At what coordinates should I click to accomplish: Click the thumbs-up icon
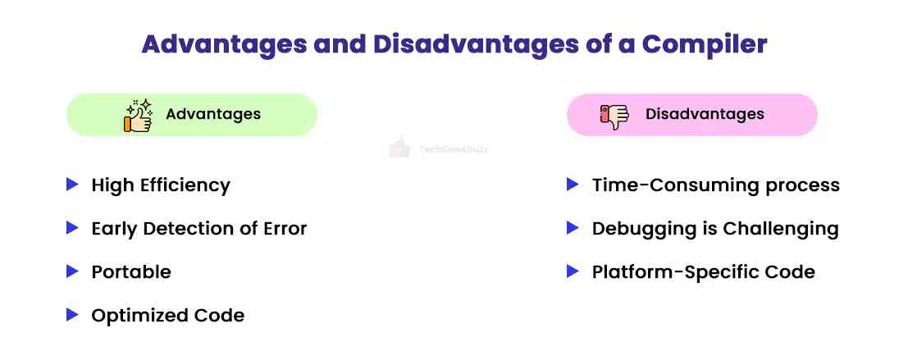(x=138, y=116)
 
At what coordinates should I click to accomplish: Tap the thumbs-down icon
(x=614, y=116)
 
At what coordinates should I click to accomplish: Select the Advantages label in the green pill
(x=213, y=114)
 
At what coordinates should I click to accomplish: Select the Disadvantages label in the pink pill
(x=705, y=114)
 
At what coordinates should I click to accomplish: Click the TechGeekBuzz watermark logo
(x=399, y=148)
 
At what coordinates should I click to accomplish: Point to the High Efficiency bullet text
(x=161, y=185)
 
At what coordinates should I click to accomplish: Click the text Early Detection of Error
(x=199, y=228)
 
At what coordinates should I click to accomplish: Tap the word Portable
(x=131, y=271)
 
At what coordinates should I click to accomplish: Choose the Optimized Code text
(x=167, y=315)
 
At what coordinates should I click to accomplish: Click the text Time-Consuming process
(x=715, y=185)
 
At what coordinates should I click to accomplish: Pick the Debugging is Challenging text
(x=715, y=228)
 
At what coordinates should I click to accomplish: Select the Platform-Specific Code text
(x=703, y=271)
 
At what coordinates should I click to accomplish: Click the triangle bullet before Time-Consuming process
(x=573, y=185)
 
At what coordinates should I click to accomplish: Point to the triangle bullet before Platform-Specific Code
(x=573, y=271)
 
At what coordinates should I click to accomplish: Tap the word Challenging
(x=783, y=228)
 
